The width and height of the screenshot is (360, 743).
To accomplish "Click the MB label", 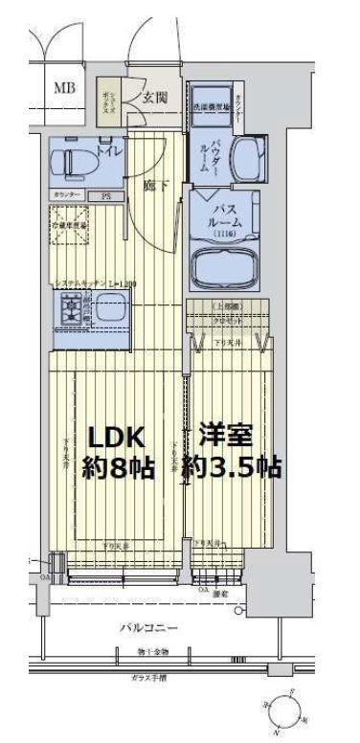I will click(x=65, y=89).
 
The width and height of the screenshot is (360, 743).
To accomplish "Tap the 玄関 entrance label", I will click(x=156, y=96).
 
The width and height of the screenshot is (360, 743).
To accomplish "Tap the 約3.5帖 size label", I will click(x=236, y=469).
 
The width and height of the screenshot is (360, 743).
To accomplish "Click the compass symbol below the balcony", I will click(x=284, y=709).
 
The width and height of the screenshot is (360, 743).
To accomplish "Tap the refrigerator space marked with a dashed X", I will click(x=68, y=233).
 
